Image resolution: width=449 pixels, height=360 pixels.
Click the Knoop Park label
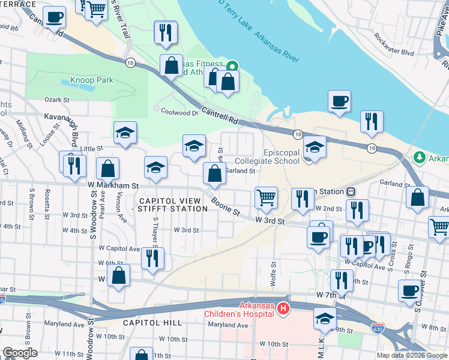[x=92, y=79]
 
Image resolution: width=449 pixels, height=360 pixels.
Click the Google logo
[x=19, y=353]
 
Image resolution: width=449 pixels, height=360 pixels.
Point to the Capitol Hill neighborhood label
[x=152, y=323]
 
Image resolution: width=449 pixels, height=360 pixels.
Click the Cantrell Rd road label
[x=220, y=116]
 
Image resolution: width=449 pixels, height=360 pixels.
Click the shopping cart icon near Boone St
[x=266, y=197]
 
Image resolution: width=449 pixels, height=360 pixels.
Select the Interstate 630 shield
[x=377, y=329]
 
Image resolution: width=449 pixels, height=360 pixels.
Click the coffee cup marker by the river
[x=339, y=101]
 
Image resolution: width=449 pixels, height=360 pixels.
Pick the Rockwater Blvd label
[x=394, y=53]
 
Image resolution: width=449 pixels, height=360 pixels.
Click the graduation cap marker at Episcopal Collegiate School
[x=315, y=146]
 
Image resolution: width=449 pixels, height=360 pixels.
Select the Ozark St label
[x=58, y=100]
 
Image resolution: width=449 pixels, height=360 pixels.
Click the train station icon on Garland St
[x=350, y=191]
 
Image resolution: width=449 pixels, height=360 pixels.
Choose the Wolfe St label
[x=274, y=273]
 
